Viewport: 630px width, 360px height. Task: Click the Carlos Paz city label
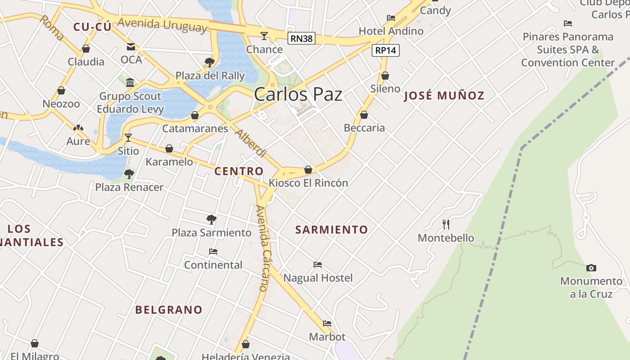point(298,94)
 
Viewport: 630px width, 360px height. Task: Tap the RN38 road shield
point(301,39)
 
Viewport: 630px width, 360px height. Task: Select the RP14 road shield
point(386,50)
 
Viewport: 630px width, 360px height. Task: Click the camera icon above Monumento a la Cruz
point(591,268)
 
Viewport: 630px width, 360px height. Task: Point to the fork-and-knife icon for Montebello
point(446,224)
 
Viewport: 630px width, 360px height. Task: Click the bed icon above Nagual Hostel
point(318,265)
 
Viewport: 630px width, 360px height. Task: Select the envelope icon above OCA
point(131,47)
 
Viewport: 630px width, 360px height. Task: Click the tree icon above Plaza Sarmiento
point(211,220)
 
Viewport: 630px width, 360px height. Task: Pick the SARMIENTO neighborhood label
point(332,230)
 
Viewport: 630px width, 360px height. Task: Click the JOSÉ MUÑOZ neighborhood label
point(444,95)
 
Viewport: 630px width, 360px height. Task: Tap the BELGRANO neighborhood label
point(169,310)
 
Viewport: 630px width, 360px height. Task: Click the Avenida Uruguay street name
point(163,24)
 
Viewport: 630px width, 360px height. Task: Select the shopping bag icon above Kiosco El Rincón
point(308,170)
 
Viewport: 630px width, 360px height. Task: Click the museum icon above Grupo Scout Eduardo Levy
point(130,82)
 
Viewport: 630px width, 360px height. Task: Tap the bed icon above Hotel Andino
point(391,18)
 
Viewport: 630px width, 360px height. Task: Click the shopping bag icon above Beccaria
point(364,115)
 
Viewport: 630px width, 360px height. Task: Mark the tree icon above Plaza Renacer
point(129,174)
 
